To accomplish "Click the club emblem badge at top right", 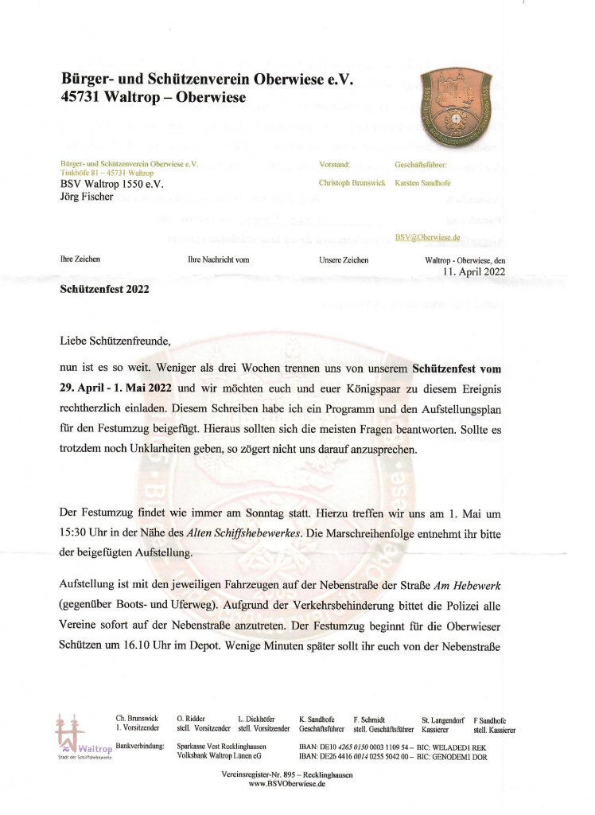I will (x=457, y=102).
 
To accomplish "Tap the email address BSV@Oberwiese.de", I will (x=427, y=237).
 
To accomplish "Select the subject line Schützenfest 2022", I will (x=104, y=290).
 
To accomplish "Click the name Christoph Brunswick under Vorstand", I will (x=352, y=183).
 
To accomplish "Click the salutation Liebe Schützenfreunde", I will (x=115, y=341).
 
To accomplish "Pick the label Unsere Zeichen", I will (x=344, y=259).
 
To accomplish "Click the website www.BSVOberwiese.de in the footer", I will (x=287, y=784).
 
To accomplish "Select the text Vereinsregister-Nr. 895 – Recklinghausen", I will (x=287, y=774).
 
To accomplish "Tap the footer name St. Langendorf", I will (x=443, y=719).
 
